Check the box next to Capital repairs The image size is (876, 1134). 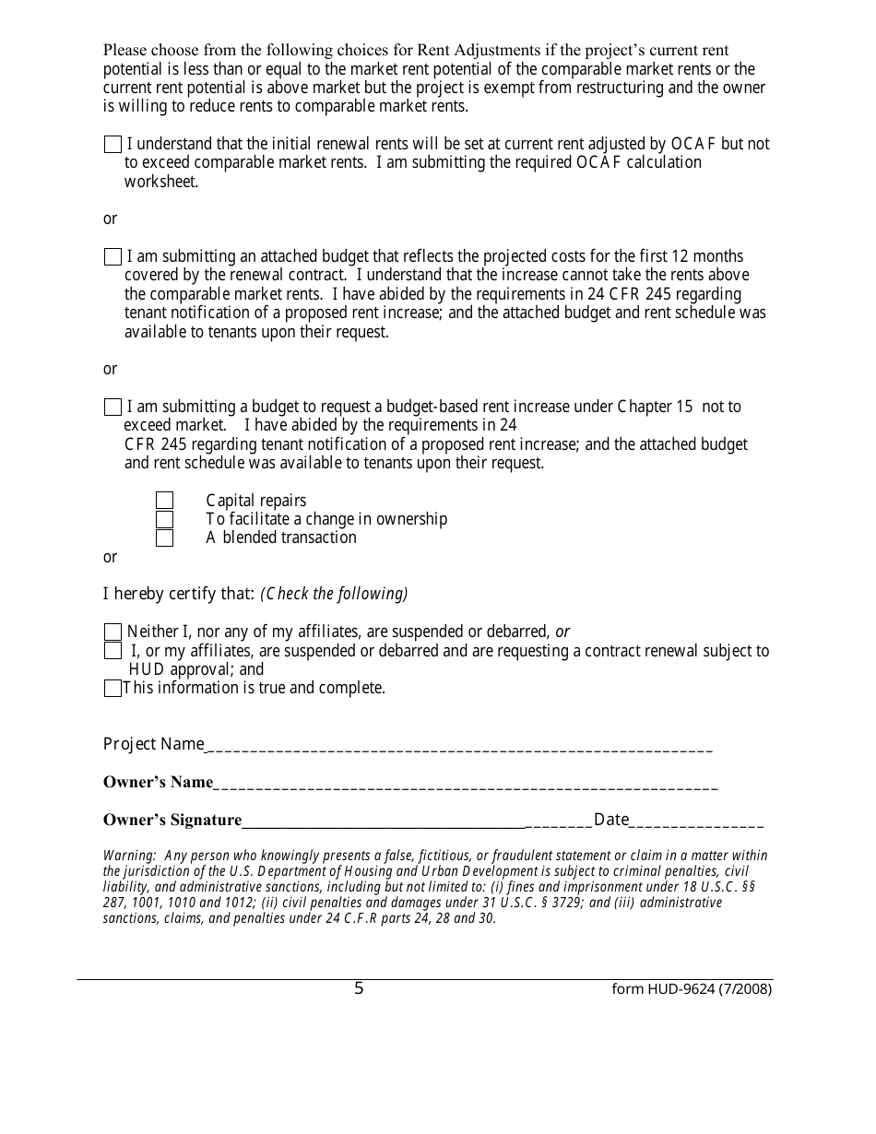(x=164, y=501)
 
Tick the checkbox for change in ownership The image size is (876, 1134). (x=164, y=519)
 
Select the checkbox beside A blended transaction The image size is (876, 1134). (x=164, y=537)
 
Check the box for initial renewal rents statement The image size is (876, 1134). (x=112, y=144)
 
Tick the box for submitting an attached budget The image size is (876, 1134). (x=112, y=256)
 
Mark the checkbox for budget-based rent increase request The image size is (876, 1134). (x=112, y=407)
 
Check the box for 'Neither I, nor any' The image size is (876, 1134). (x=112, y=632)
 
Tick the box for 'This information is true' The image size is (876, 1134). (x=112, y=688)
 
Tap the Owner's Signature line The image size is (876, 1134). (x=383, y=822)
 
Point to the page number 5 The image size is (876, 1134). (x=359, y=989)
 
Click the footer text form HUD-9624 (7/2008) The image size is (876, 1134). (x=692, y=989)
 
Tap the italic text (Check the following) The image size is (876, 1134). (x=334, y=594)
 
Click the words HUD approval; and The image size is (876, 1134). (x=196, y=669)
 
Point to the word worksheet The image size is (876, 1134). (x=161, y=182)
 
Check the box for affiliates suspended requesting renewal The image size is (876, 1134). (x=112, y=651)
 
